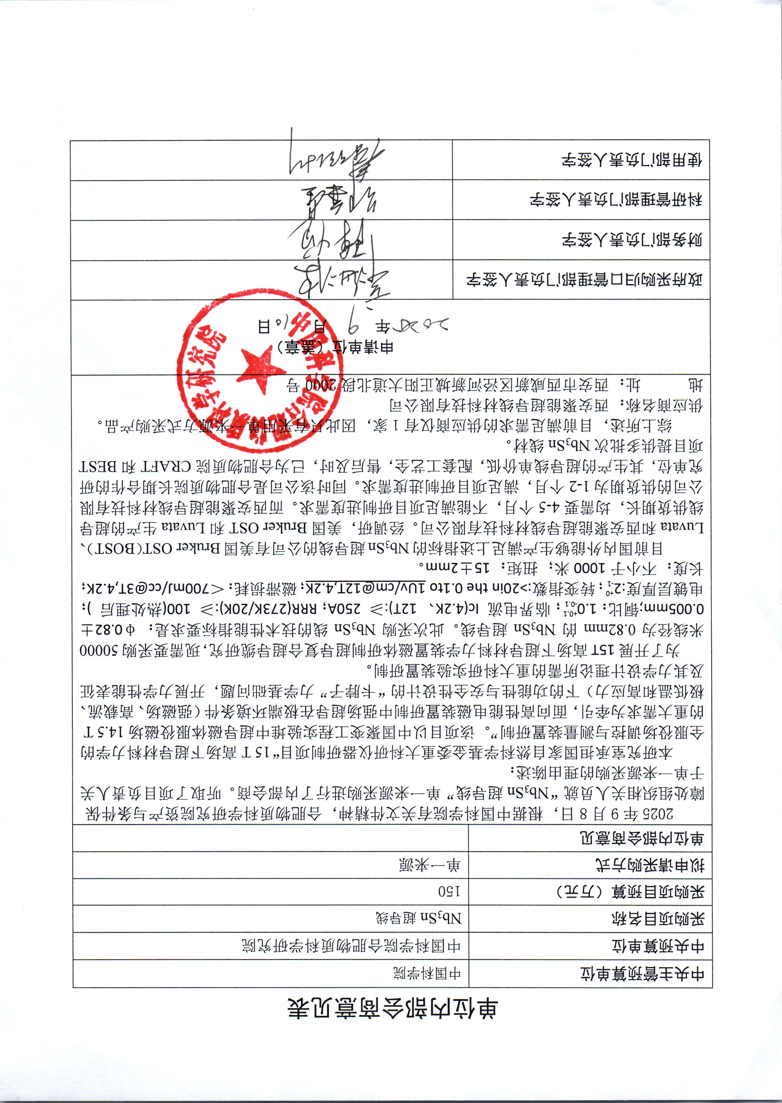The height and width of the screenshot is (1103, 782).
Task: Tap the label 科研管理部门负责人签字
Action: click(x=616, y=200)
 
